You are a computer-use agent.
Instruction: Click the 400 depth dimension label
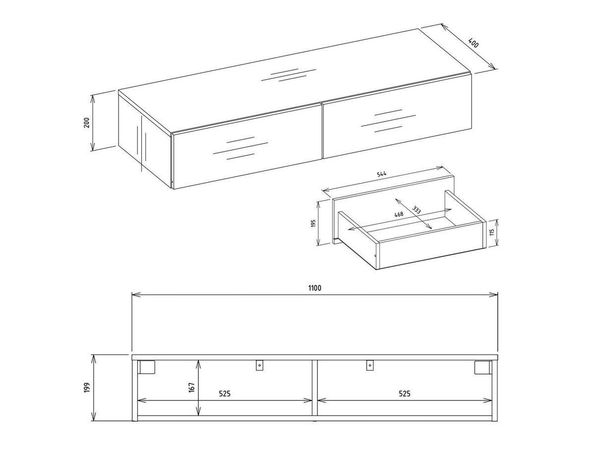coord(474,43)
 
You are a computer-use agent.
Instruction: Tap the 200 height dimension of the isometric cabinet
coord(86,123)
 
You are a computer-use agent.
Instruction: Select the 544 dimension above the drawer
coord(381,174)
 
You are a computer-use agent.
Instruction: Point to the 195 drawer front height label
coord(313,223)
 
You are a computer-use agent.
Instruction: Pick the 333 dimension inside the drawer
coord(417,210)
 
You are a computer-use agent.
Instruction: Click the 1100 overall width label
coord(314,288)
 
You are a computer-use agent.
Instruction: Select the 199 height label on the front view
coord(86,387)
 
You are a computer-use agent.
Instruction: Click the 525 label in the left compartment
coord(225,394)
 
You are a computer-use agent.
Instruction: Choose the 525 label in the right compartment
coord(405,394)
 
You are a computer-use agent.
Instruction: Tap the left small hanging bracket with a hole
coord(259,366)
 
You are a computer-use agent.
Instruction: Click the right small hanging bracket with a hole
coord(369,366)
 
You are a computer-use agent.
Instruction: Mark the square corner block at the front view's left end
coord(147,367)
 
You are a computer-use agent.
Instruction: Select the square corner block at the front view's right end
coord(482,367)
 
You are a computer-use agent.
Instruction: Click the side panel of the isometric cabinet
coord(144,136)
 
